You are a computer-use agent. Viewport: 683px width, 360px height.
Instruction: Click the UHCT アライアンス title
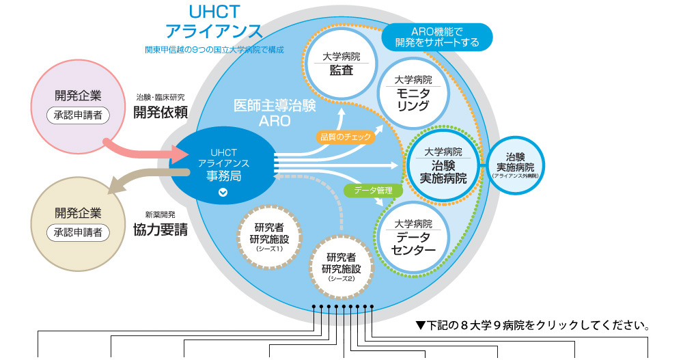[214, 23]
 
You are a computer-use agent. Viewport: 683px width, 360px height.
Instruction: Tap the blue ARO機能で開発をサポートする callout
[437, 37]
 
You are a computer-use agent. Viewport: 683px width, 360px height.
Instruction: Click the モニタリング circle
[413, 93]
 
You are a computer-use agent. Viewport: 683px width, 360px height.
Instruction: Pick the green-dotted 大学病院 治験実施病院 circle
[443, 165]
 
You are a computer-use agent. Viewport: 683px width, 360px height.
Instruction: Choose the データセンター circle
[413, 236]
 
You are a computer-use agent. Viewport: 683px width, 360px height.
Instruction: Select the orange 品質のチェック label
[346, 137]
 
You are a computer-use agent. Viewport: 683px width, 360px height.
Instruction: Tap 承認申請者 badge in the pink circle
[78, 114]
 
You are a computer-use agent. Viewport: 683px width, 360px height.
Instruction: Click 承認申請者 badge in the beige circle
[78, 232]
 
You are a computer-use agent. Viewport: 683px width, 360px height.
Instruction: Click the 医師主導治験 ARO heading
[275, 113]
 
